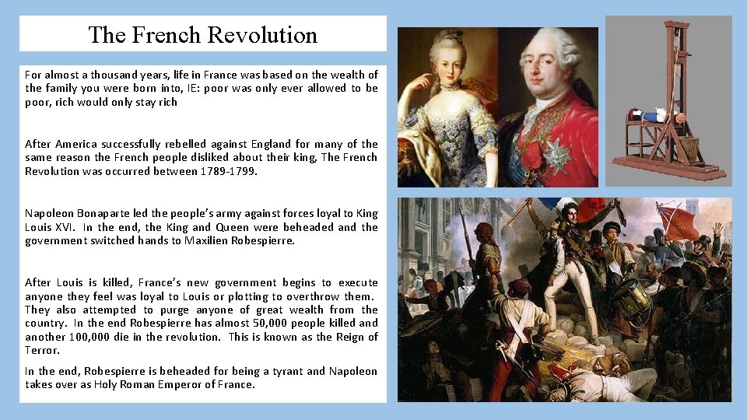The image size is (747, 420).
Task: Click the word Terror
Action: point(42,351)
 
